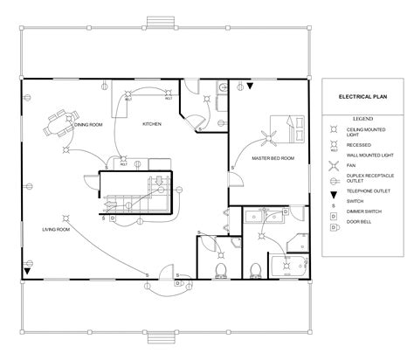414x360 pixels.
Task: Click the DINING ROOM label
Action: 88,125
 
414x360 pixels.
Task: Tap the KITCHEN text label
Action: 153,125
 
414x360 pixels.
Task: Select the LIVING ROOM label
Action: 56,229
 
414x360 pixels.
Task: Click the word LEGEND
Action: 362,117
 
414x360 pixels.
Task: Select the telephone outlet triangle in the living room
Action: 28,272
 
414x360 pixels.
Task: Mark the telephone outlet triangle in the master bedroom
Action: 249,88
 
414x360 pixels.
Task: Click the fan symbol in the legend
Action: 334,164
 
